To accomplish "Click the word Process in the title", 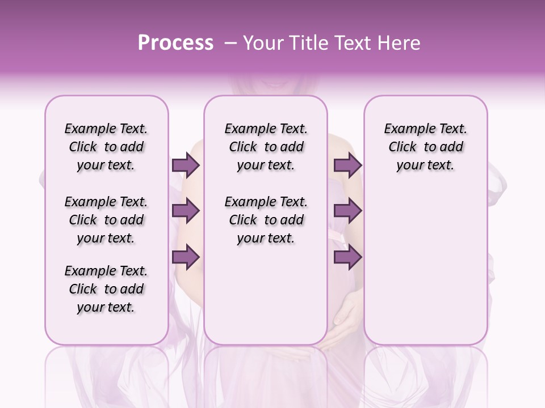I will click(x=175, y=43).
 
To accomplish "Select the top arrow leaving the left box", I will click(x=186, y=165).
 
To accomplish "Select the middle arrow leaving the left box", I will click(x=186, y=211).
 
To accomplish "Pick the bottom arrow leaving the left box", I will click(x=186, y=257).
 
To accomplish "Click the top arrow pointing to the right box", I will click(x=347, y=165).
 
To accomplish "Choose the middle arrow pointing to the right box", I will click(x=347, y=211).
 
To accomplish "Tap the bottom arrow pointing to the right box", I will click(x=347, y=257).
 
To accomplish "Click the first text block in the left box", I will click(x=106, y=147).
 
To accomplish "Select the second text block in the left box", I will click(x=106, y=220).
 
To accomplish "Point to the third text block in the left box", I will click(x=106, y=289).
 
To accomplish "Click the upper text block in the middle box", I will click(x=266, y=147).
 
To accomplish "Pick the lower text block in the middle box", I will click(x=266, y=220).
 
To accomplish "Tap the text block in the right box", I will click(x=426, y=147).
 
